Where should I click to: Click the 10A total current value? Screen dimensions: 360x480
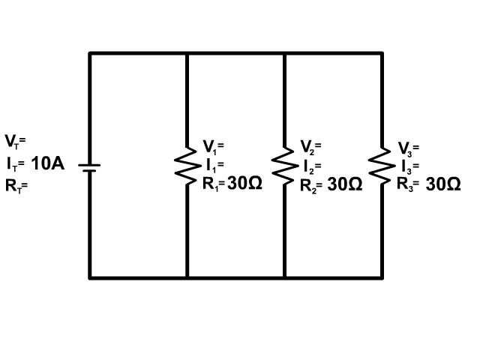tap(47, 163)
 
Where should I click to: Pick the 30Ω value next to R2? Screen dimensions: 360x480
tap(345, 184)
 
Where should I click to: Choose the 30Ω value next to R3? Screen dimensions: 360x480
tap(443, 184)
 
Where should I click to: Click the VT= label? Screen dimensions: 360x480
tap(15, 141)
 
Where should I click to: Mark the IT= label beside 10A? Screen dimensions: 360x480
tap(16, 164)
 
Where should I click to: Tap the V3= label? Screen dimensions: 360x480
tap(409, 147)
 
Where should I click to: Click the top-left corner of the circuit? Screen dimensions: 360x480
tap(90, 53)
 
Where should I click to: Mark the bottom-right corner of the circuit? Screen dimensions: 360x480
tap(382, 277)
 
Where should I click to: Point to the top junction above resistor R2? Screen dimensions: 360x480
tap(284, 53)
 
